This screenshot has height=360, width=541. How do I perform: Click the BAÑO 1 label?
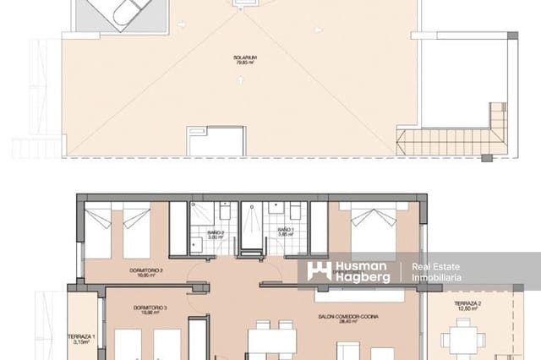click(x=285, y=230)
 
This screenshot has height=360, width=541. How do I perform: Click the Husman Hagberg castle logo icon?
click(x=319, y=270)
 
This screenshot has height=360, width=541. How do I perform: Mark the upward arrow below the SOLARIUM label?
click(x=242, y=80)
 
